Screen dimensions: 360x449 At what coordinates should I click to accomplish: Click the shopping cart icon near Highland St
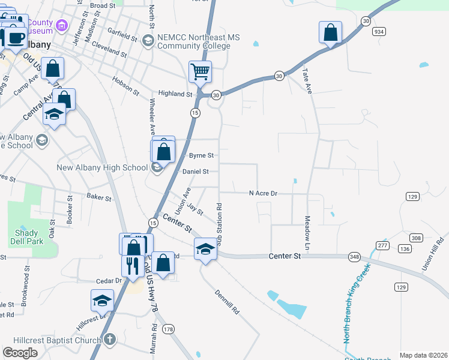click(x=200, y=72)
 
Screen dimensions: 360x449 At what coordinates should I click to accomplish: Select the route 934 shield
click(x=378, y=31)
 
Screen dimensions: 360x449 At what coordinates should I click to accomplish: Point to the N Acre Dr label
click(x=264, y=193)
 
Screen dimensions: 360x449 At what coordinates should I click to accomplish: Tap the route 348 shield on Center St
click(x=354, y=257)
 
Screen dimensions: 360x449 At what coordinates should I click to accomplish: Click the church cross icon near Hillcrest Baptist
click(x=109, y=340)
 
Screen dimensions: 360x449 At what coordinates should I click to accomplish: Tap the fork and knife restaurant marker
click(x=131, y=265)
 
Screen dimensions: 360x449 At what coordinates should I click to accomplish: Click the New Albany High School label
click(x=102, y=167)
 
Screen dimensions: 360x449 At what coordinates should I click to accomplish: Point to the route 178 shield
click(x=167, y=329)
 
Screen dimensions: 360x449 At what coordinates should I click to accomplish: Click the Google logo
click(x=20, y=353)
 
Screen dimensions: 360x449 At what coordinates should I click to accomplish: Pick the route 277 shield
click(x=382, y=245)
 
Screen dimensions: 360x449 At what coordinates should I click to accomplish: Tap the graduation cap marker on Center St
click(x=205, y=248)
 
